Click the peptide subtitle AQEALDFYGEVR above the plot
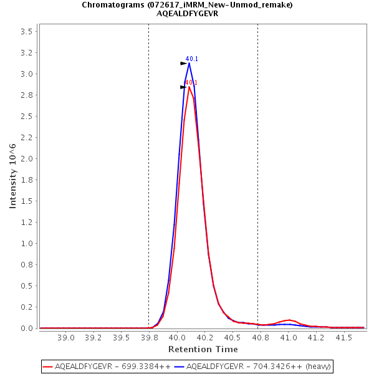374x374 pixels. [187, 14]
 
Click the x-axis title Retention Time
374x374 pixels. [203, 349]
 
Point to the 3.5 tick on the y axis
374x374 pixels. [27, 31]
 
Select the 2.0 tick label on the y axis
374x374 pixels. [27, 158]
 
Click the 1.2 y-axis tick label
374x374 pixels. [27, 222]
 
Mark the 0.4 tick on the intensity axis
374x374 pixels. [27, 285]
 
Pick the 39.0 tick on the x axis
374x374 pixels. [65, 337]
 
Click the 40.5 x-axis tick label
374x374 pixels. [233, 337]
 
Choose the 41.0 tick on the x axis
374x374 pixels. [289, 337]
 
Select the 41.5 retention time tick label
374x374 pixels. [344, 337]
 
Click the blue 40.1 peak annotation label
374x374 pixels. [192, 59]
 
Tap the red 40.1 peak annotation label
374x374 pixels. [191, 83]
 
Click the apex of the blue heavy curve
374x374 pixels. [189, 63]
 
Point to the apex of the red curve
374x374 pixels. [189, 87]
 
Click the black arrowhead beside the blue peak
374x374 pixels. [183, 64]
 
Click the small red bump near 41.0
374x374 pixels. [289, 320]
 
